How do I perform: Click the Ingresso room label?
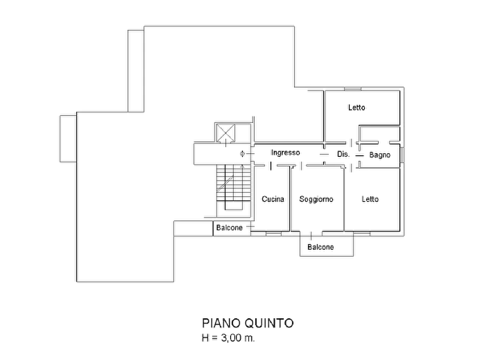[x=285, y=153]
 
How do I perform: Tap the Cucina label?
[x=273, y=199]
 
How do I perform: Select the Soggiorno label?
[x=316, y=199]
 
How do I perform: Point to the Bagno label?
[x=379, y=155]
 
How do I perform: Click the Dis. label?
[x=343, y=154]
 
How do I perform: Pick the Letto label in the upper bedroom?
[x=356, y=107]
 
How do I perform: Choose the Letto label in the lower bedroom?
[x=370, y=199]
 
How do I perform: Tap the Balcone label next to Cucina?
[x=230, y=228]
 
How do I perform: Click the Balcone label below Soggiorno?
[x=320, y=247]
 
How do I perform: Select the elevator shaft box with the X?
[x=226, y=133]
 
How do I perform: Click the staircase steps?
[x=234, y=188]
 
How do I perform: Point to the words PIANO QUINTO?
[x=248, y=323]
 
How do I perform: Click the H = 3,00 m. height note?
[x=228, y=338]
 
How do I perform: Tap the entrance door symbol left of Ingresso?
[x=242, y=154]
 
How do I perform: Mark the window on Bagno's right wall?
[x=402, y=155]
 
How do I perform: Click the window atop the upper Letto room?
[x=353, y=89]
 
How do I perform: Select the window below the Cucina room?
[x=274, y=234]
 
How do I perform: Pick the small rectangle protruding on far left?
[x=68, y=139]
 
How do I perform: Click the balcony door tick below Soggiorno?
[x=311, y=236]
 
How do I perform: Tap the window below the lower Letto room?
[x=362, y=234]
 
